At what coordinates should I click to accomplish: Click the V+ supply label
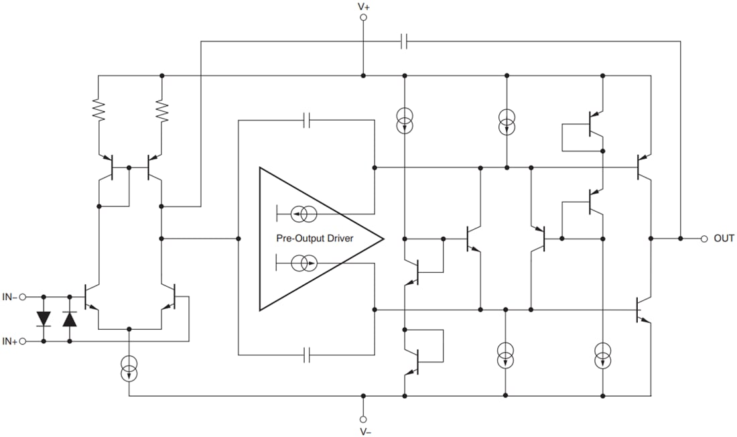coord(363,7)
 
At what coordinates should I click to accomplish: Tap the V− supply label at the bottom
coord(365,431)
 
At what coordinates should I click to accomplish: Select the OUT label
coord(724,239)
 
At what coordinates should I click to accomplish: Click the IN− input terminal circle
coord(23,296)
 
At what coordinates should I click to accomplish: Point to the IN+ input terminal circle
coord(23,341)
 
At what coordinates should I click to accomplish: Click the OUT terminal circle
coord(704,239)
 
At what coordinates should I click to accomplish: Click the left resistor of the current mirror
coord(98,111)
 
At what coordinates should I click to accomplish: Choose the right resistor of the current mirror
coord(161,111)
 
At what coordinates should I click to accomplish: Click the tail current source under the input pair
coord(129,369)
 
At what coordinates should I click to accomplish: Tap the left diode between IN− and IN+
coord(44,319)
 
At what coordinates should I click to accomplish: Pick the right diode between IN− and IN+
coord(70,319)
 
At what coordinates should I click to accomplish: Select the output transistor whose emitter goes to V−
coord(643,310)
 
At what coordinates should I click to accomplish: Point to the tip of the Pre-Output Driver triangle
coord(383,239)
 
